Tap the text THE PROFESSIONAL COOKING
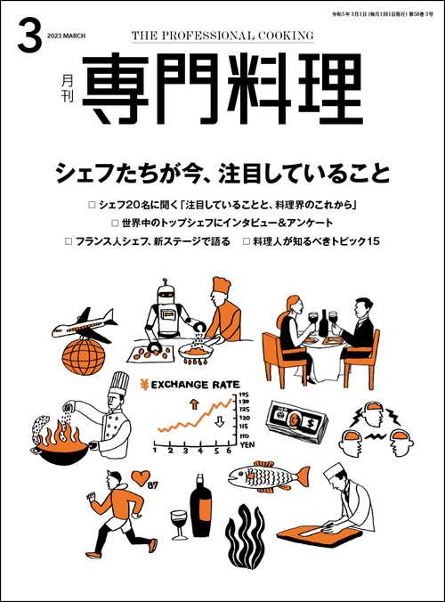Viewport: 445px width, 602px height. (x=222, y=36)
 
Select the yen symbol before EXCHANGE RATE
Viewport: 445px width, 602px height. (x=142, y=386)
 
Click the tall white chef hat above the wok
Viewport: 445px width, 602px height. (x=117, y=386)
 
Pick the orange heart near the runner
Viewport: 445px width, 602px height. (x=140, y=476)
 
